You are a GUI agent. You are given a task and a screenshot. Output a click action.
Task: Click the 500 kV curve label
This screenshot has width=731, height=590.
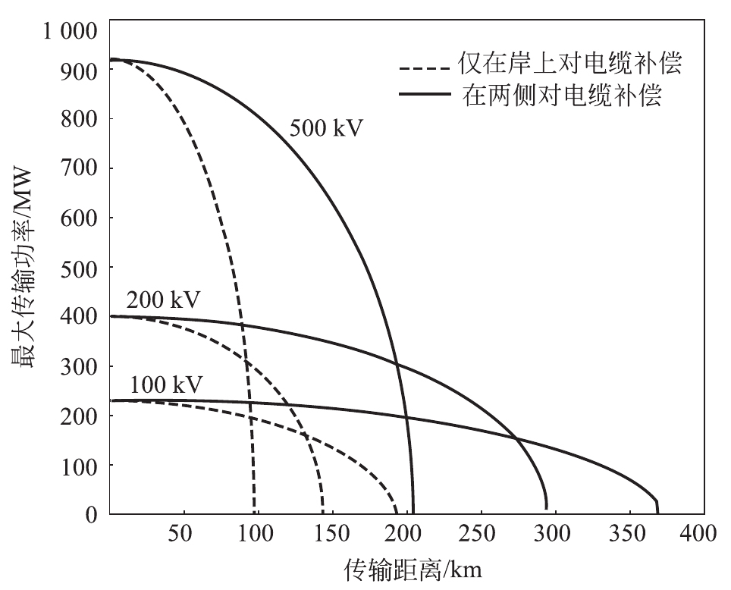click(x=327, y=127)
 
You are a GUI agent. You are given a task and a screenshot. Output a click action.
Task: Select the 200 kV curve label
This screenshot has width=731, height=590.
click(x=163, y=300)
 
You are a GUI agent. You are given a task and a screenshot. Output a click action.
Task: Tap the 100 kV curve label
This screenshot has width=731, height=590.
click(x=166, y=385)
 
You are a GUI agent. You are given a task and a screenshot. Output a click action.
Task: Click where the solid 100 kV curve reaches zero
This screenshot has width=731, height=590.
click(x=657, y=513)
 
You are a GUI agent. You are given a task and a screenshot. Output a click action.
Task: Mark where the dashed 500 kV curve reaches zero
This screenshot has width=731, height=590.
click(x=255, y=513)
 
